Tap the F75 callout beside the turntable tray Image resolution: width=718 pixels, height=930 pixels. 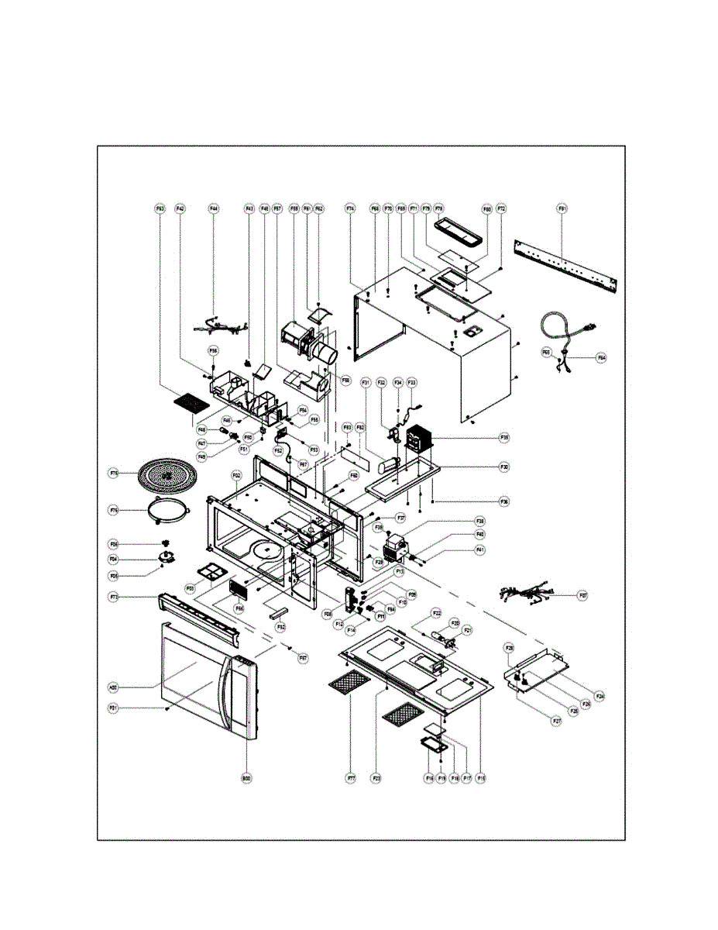113,472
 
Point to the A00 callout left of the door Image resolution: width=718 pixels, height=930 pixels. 113,687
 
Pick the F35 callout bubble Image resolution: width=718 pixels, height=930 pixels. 503,438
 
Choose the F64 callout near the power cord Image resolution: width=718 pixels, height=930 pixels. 601,358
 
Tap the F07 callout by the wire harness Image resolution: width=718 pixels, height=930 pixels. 584,595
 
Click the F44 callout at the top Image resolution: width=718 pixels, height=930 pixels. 214,208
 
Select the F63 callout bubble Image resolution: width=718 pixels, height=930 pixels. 160,208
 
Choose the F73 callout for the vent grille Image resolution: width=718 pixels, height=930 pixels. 113,598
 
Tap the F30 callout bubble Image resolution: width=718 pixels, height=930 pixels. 503,467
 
